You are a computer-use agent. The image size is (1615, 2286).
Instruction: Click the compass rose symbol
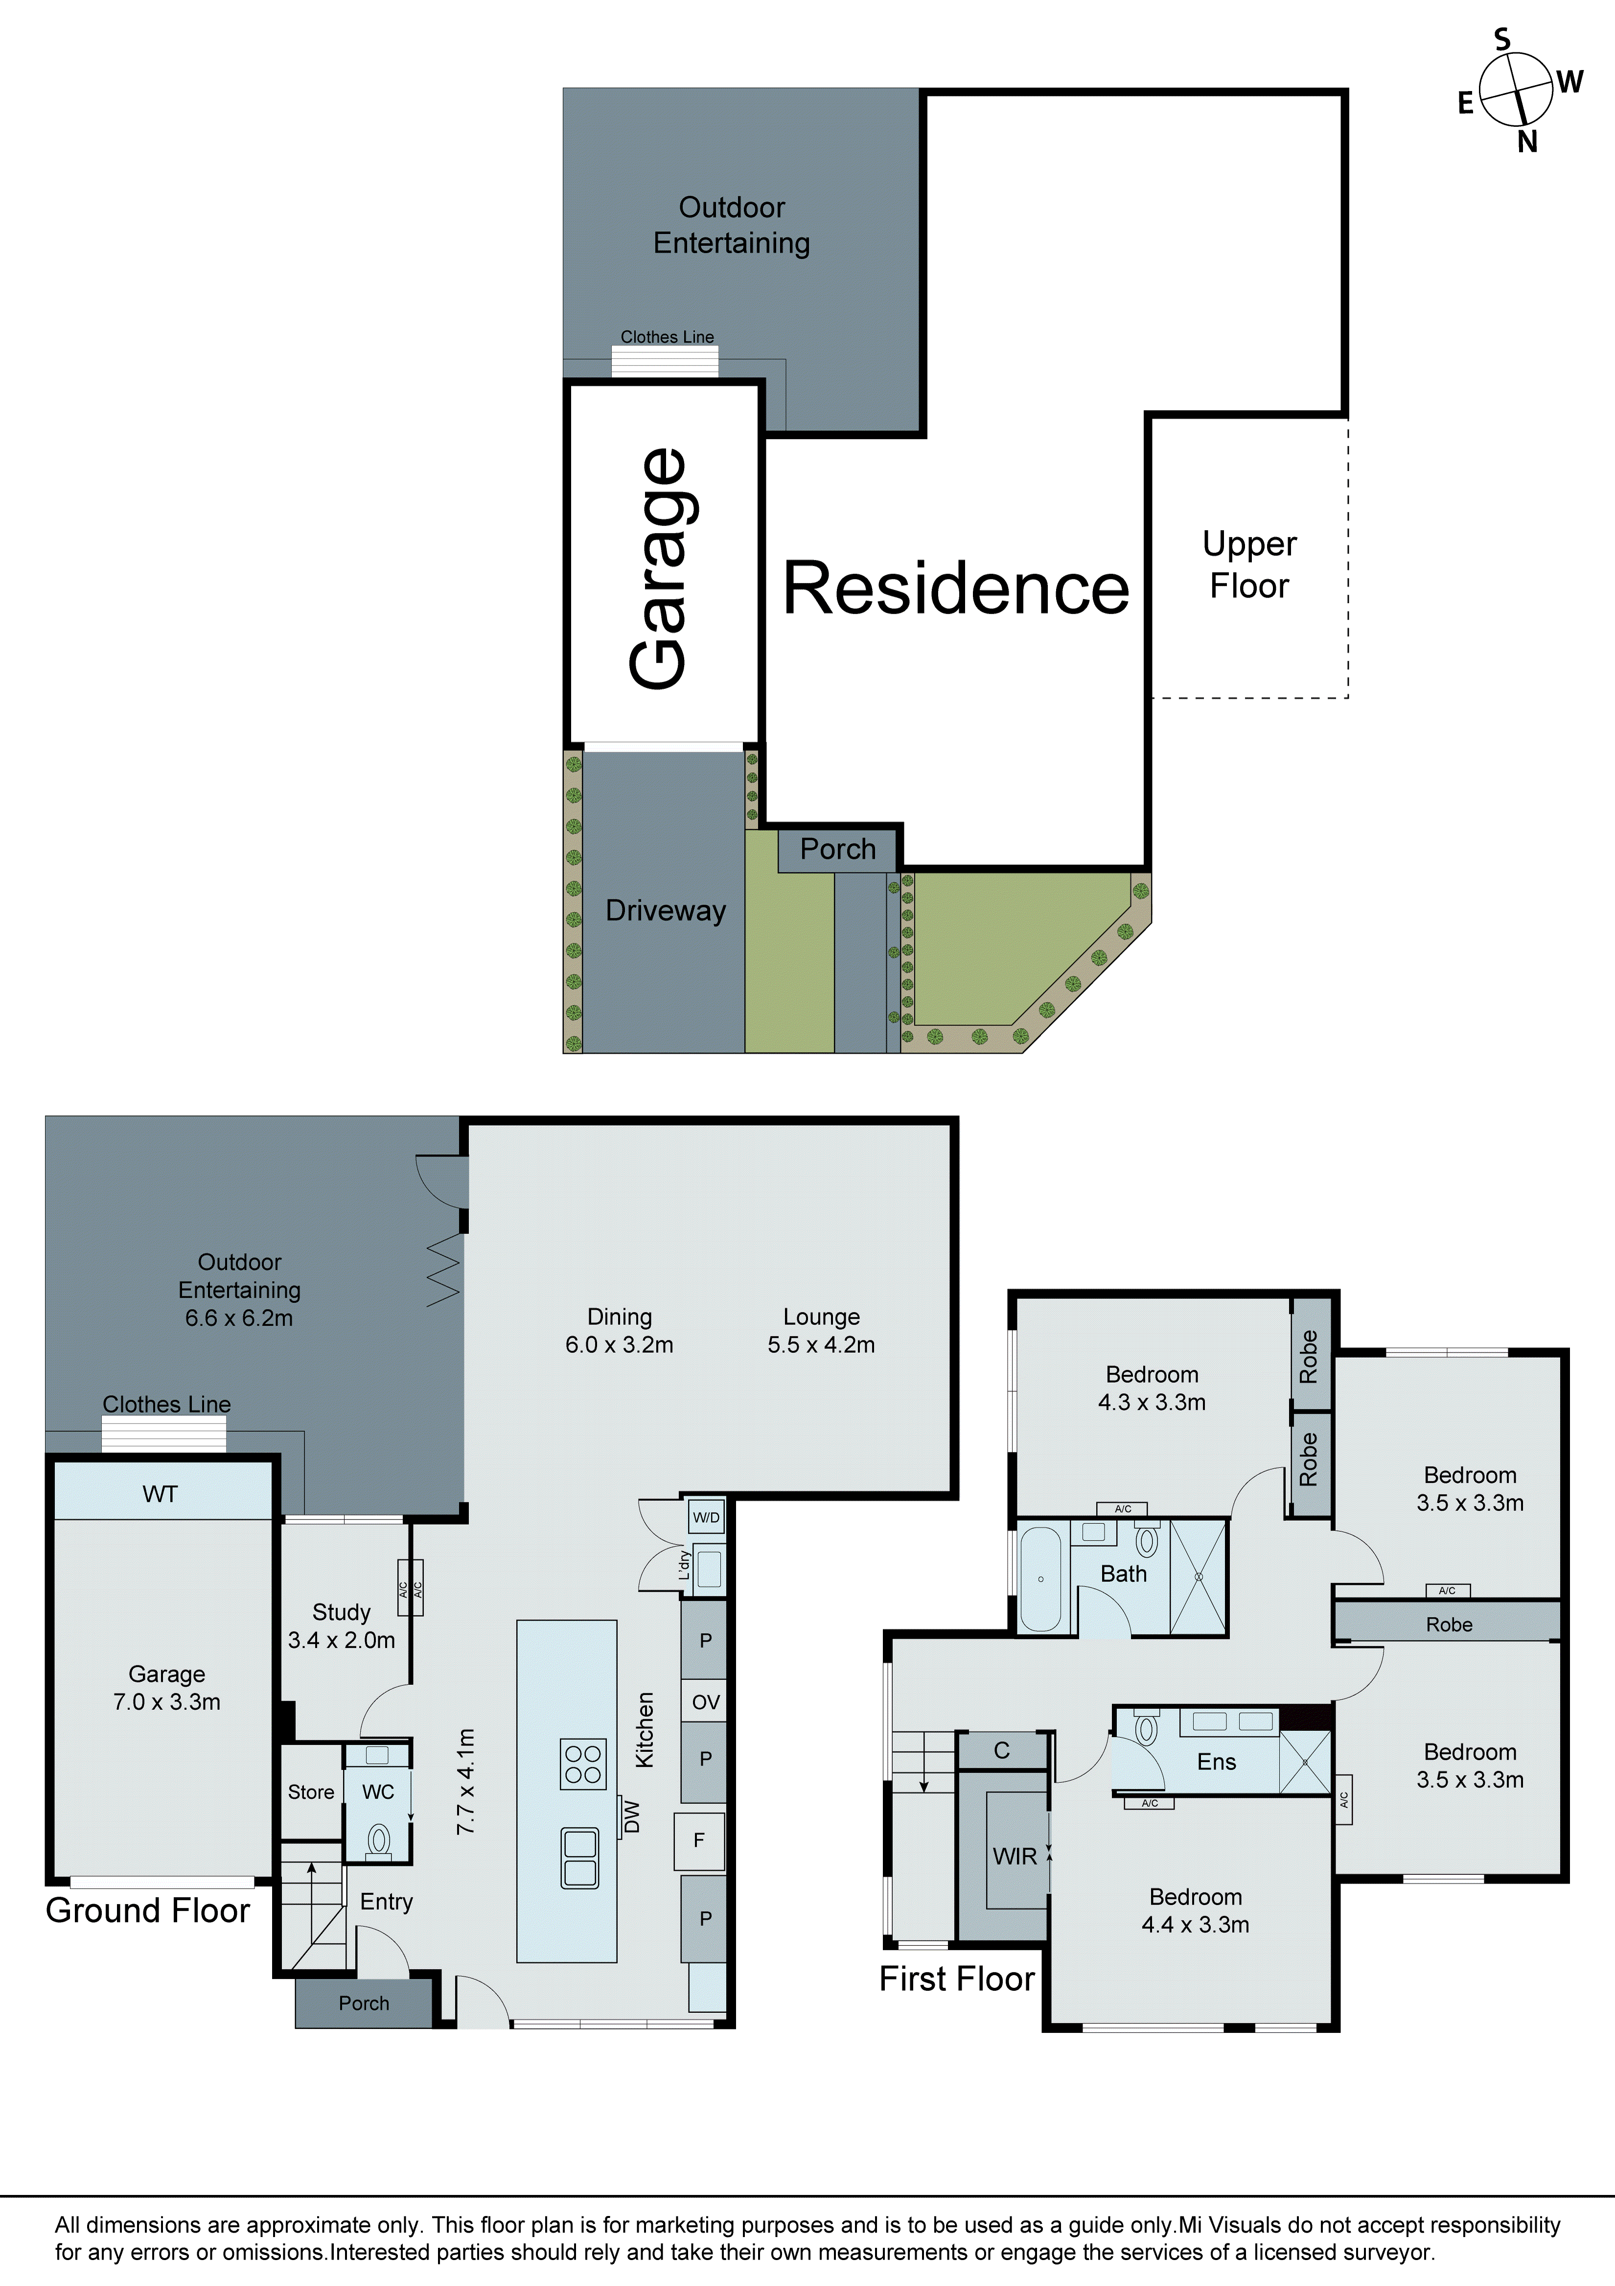pos(1516,90)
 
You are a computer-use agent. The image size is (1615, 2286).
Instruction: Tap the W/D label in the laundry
pos(706,1517)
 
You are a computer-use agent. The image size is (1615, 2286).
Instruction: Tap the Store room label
pos(311,1792)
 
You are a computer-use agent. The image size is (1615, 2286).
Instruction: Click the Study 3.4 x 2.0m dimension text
pos(342,1640)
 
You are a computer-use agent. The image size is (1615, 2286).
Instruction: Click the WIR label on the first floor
pos(1015,1856)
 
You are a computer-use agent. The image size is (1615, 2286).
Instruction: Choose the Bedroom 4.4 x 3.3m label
pos(1195,1911)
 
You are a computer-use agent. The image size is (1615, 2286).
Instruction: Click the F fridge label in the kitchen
pos(699,1840)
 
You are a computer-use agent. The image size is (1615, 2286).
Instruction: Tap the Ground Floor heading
pos(147,1911)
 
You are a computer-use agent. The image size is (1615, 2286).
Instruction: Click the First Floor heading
pos(957,1979)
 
